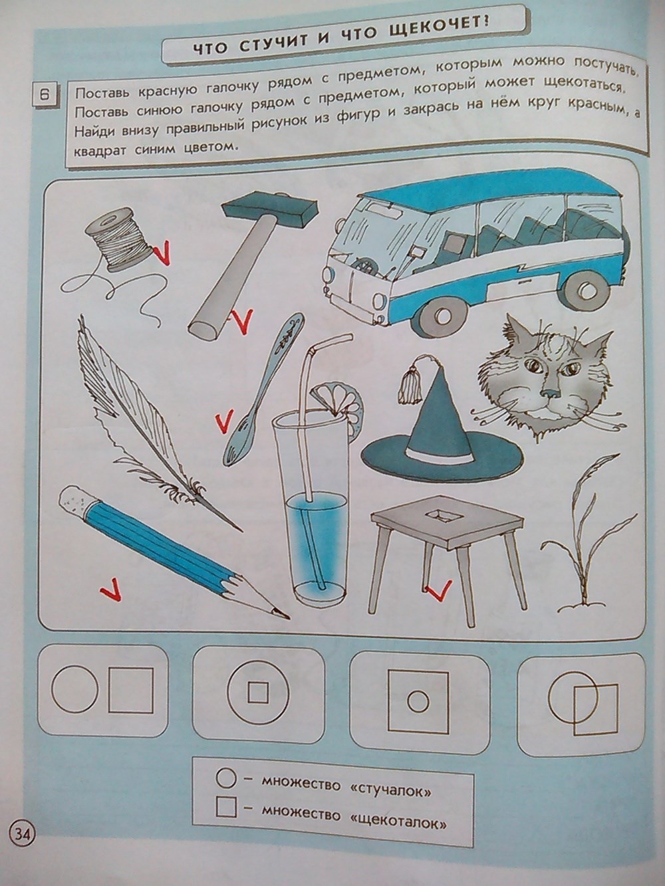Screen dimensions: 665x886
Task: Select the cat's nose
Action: (x=550, y=392)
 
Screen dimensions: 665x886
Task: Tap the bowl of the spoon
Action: (x=239, y=442)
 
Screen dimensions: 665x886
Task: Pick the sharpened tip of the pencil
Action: (x=282, y=625)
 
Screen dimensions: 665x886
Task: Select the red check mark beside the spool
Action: (x=163, y=254)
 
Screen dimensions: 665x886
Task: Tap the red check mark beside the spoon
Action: (x=225, y=422)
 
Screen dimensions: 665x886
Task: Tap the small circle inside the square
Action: (x=418, y=701)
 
